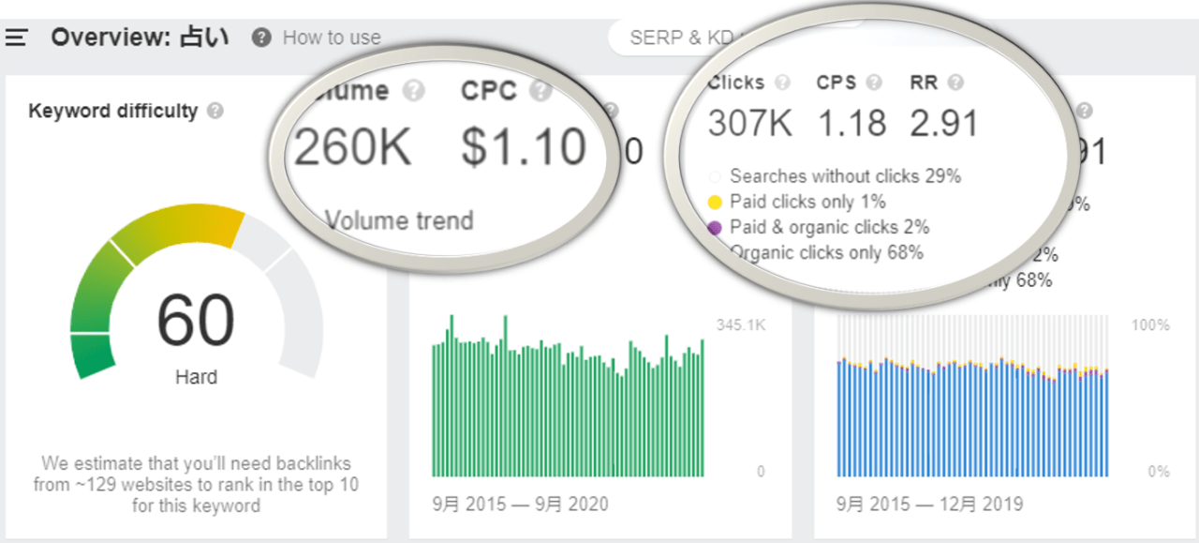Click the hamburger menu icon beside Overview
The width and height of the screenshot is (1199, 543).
coord(17,38)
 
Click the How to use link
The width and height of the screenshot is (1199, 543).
coord(331,38)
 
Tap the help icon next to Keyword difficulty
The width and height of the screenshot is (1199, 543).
coord(215,112)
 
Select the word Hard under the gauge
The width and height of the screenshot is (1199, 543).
coord(196,377)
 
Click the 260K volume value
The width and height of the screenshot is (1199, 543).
coord(353,147)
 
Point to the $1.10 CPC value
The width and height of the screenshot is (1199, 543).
coord(524,147)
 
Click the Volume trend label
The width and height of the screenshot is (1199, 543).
coord(399,221)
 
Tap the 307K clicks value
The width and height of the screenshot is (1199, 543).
coord(750,124)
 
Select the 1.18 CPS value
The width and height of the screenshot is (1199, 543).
coord(851,124)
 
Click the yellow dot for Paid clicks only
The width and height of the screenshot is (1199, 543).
coord(715,202)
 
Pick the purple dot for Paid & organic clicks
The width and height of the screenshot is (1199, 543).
coord(715,227)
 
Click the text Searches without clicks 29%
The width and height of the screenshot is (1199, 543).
coord(845,175)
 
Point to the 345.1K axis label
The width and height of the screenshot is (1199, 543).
coord(740,325)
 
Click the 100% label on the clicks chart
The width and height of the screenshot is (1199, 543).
coord(1151,325)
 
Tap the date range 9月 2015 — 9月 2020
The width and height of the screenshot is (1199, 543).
coord(520,504)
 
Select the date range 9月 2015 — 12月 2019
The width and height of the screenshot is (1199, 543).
coord(929,504)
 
